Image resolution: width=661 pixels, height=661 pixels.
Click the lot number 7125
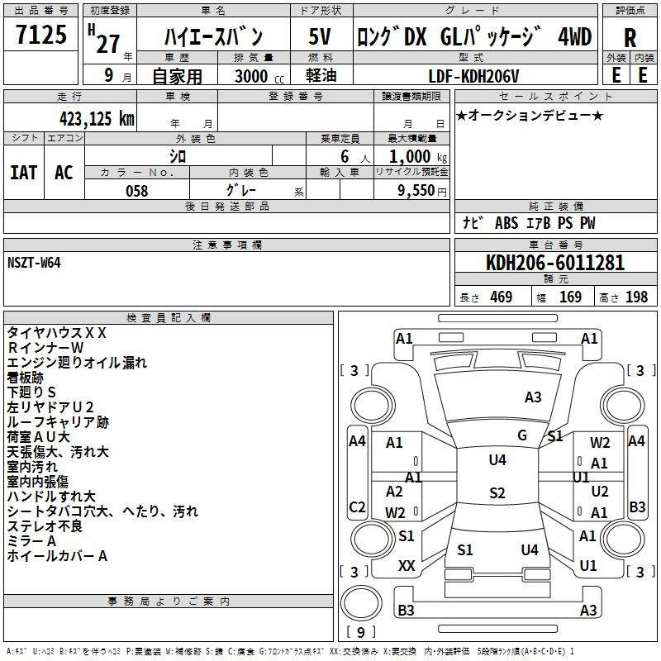[x=41, y=35]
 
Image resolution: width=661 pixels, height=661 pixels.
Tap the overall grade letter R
[x=630, y=38]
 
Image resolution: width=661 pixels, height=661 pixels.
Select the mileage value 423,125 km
[x=97, y=119]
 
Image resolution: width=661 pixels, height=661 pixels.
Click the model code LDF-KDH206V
[x=473, y=76]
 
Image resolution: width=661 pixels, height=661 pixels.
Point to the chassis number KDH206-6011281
[x=555, y=263]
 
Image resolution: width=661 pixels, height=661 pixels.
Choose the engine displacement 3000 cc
[x=259, y=76]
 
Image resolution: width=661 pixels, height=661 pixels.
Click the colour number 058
[x=137, y=191]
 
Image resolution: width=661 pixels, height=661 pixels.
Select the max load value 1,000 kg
[x=418, y=156]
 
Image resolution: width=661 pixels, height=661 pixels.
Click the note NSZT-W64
[x=34, y=263]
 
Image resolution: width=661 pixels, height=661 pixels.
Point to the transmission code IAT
[x=24, y=173]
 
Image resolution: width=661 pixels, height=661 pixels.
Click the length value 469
[x=502, y=297]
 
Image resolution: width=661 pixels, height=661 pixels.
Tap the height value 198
[x=636, y=297]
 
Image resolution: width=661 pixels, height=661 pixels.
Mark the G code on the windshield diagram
[x=522, y=435]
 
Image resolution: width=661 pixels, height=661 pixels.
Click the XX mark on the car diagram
[x=407, y=566]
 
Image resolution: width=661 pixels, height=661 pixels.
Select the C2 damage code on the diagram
[x=357, y=506]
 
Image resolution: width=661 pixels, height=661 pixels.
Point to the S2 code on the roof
[x=497, y=492]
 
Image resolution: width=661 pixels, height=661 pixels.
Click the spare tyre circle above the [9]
[x=361, y=603]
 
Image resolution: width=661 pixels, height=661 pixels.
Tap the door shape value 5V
[x=320, y=36]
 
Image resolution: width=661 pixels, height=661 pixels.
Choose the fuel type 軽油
[x=321, y=75]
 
